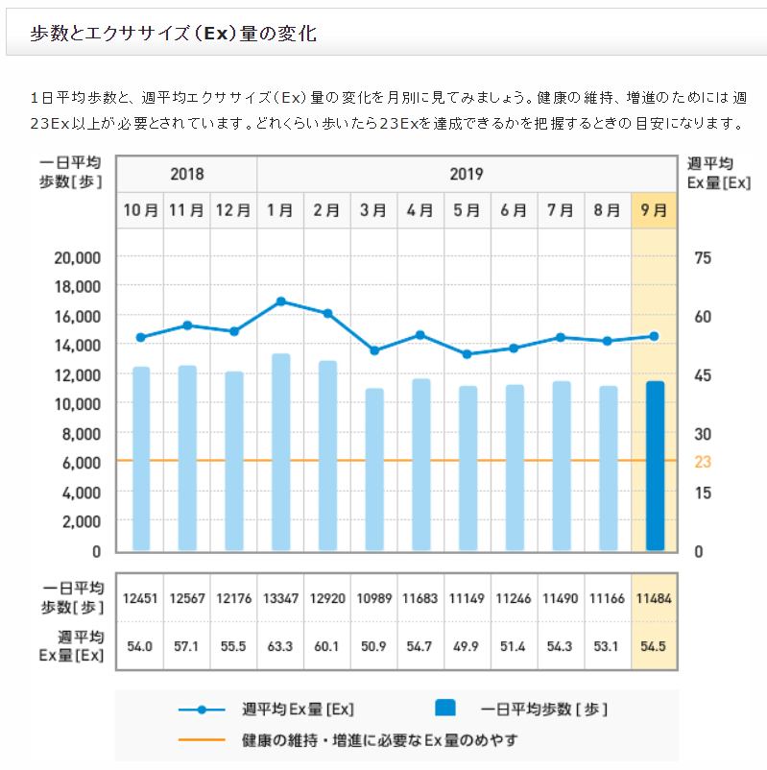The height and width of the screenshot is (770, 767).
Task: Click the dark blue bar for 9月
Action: click(x=655, y=466)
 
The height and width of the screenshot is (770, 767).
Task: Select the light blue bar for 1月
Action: click(x=280, y=452)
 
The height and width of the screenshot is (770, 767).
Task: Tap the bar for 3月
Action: click(x=374, y=469)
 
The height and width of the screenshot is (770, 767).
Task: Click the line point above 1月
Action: click(x=280, y=301)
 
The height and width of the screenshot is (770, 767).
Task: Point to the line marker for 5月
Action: click(x=467, y=354)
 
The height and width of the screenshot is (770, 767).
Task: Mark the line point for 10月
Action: click(x=141, y=337)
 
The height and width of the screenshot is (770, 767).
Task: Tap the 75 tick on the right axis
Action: click(x=703, y=257)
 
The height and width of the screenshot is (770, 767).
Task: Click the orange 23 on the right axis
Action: click(x=703, y=462)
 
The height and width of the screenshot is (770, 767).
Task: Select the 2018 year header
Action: click(x=187, y=175)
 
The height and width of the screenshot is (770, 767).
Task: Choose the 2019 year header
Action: click(x=467, y=175)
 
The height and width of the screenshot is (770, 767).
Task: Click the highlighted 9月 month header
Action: click(x=655, y=210)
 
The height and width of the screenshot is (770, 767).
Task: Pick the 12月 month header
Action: click(x=233, y=210)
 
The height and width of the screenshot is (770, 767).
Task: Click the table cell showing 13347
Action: click(x=280, y=598)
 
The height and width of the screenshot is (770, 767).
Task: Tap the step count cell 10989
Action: click(x=374, y=598)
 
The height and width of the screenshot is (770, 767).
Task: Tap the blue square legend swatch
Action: click(x=445, y=710)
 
